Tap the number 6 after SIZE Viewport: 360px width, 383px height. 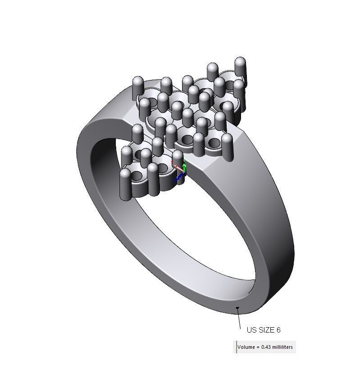[278, 330]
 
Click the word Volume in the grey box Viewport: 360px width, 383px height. [246, 347]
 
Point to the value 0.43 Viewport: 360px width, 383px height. [267, 347]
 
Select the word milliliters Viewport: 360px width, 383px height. [284, 347]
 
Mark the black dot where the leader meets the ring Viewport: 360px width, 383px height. [237, 308]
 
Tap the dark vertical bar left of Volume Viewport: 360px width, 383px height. [236, 347]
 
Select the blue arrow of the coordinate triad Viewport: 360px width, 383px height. [179, 178]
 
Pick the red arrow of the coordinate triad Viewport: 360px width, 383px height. [177, 167]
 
